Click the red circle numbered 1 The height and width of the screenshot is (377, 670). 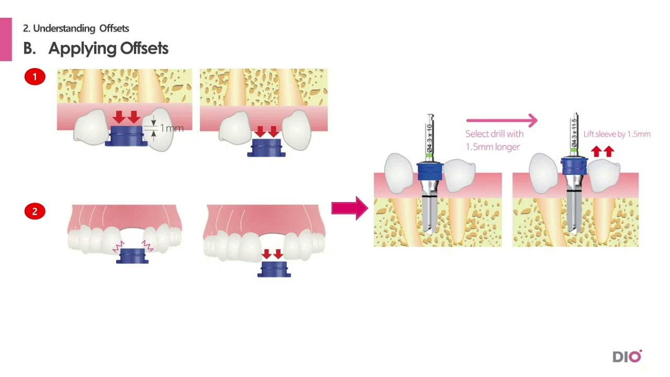pyautogui.click(x=35, y=77)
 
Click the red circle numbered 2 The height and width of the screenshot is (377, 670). pyautogui.click(x=35, y=212)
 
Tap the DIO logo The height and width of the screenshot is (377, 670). pyautogui.click(x=627, y=357)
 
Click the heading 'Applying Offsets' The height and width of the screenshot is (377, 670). pyautogui.click(x=108, y=48)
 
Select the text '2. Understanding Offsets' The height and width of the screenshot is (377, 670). pyautogui.click(x=76, y=28)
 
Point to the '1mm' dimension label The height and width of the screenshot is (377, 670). pyautogui.click(x=171, y=128)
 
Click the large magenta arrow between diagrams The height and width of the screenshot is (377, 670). pyautogui.click(x=350, y=208)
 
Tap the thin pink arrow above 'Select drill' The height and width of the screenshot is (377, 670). pyautogui.click(x=501, y=121)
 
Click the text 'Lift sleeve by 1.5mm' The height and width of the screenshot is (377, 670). pyautogui.click(x=617, y=134)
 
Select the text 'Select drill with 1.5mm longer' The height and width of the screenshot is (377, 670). pyautogui.click(x=494, y=140)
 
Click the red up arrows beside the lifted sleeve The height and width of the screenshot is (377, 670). pyautogui.click(x=602, y=152)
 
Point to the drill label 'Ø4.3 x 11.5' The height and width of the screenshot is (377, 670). pyautogui.click(x=574, y=134)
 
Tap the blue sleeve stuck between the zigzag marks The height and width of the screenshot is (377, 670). pyautogui.click(x=132, y=256)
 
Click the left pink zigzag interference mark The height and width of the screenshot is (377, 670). pyautogui.click(x=118, y=245)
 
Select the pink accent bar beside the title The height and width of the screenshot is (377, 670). pyautogui.click(x=6, y=39)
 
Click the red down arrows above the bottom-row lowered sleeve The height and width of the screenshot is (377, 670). pyautogui.click(x=272, y=254)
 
